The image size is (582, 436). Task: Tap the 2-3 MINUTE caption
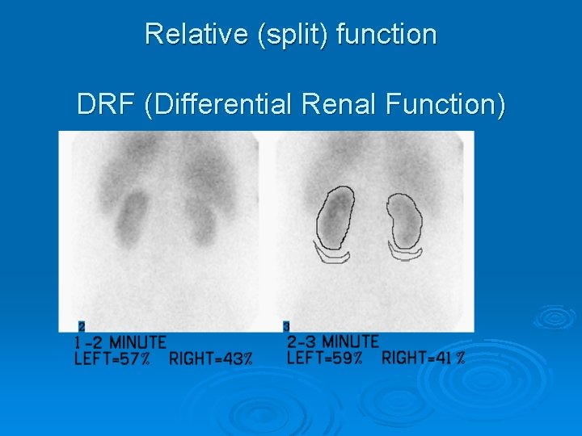point(332,342)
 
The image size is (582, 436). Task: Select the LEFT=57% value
point(112,358)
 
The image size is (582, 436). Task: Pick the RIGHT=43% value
point(211,358)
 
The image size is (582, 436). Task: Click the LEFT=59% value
point(325,358)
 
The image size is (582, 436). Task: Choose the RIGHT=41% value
point(424,358)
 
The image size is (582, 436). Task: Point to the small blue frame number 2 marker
point(81,327)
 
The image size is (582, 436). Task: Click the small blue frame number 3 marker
point(286,326)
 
